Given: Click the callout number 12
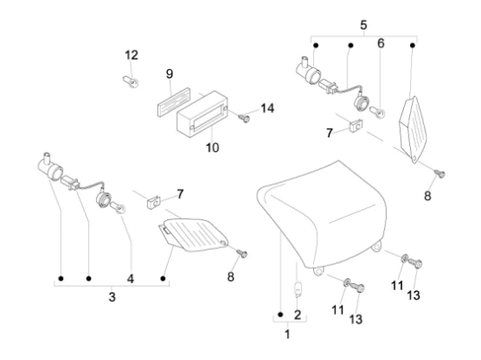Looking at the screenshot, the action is (131, 55).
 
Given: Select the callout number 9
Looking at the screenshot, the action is (170, 74).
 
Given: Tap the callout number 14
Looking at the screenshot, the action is (268, 108).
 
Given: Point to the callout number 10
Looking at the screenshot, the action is (213, 148).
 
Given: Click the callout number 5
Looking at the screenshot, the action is (364, 24).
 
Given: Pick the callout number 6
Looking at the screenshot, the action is (380, 44).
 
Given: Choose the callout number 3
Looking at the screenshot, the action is (112, 296).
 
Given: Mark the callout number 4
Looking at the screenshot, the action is (130, 279).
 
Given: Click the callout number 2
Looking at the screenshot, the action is (297, 315).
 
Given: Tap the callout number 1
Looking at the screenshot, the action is (288, 335).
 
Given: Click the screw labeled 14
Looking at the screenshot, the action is (245, 118).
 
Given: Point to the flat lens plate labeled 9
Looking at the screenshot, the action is (174, 101).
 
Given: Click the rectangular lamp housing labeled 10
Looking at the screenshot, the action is (203, 114).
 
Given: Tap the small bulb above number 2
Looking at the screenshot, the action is (297, 290).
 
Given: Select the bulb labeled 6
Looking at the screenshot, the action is (378, 112).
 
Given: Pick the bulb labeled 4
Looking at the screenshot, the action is (118, 208).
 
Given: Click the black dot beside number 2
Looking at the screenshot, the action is (280, 315).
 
